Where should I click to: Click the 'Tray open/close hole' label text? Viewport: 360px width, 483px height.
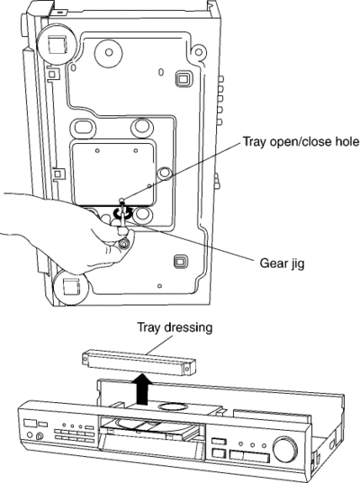click(301, 142)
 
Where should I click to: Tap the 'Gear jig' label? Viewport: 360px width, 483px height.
click(282, 264)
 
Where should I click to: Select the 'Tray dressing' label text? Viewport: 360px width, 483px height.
click(175, 327)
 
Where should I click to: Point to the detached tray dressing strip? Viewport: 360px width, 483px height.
click(139, 362)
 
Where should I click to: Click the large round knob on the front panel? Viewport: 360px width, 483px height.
click(285, 449)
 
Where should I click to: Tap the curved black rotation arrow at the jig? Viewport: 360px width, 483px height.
click(122, 213)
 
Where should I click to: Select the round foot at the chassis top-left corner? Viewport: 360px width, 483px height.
click(56, 44)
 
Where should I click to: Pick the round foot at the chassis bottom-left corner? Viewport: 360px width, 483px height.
click(70, 288)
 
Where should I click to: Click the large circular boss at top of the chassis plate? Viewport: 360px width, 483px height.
click(109, 52)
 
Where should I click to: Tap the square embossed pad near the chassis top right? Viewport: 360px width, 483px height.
click(183, 79)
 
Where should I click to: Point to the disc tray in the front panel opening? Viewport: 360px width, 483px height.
click(150, 431)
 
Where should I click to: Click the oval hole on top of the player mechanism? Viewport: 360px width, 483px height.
click(172, 407)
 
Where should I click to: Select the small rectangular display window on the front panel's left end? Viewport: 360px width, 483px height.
click(31, 423)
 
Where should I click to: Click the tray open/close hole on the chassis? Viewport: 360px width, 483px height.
click(122, 200)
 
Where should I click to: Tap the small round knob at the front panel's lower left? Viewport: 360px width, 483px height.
click(40, 436)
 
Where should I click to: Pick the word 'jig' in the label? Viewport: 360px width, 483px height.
click(297, 264)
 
